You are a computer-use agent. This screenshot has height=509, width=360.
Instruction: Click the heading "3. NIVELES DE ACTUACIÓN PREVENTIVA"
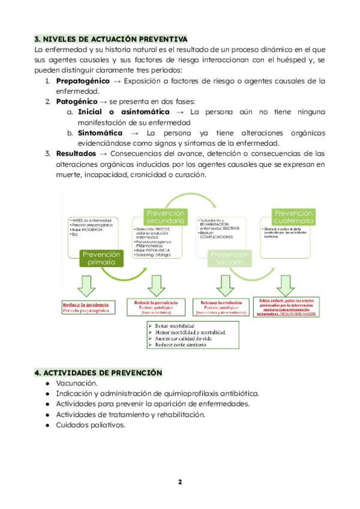pyautogui.click(x=110, y=39)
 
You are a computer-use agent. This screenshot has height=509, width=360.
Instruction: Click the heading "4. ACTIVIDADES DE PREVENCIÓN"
pyautogui.click(x=98, y=373)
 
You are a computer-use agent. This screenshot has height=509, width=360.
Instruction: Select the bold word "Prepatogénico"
pyautogui.click(x=83, y=80)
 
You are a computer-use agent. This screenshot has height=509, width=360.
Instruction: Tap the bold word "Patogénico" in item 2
pyautogui.click(x=76, y=101)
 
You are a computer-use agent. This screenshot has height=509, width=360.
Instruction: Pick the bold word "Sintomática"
pyautogui.click(x=100, y=133)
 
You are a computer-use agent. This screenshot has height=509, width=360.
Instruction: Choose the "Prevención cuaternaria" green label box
pyautogui.click(x=293, y=217)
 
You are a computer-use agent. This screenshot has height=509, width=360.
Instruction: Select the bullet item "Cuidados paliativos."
pyautogui.click(x=91, y=425)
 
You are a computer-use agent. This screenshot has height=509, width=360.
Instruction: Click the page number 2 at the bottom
pyautogui.click(x=179, y=482)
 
